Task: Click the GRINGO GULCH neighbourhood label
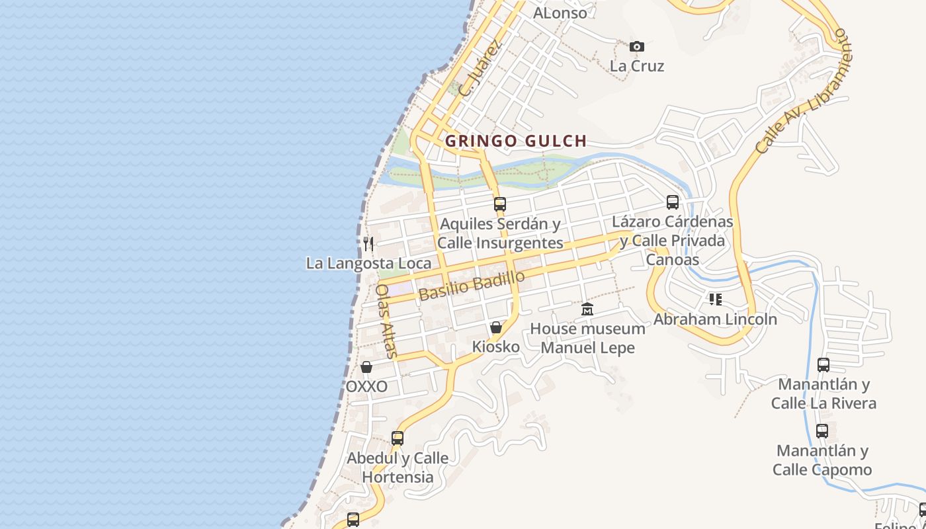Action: (516, 141)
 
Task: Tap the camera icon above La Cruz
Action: (637, 46)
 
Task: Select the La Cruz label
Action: (637, 66)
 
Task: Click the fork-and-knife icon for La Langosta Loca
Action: (368, 244)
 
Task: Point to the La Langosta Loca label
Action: (368, 263)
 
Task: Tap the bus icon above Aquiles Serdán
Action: (500, 204)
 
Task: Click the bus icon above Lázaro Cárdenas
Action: (673, 202)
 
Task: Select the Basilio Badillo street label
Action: (472, 285)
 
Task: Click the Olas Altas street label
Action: (386, 321)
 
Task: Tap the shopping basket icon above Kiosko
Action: (496, 327)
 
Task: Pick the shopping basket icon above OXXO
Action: (366, 367)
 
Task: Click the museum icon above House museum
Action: (587, 309)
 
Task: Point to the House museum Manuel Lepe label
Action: (587, 338)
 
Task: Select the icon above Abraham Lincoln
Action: (715, 300)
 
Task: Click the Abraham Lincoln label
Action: (715, 319)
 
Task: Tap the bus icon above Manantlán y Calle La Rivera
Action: (823, 365)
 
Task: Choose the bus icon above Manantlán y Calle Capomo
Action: (822, 431)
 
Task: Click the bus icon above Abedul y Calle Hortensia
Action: (398, 438)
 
